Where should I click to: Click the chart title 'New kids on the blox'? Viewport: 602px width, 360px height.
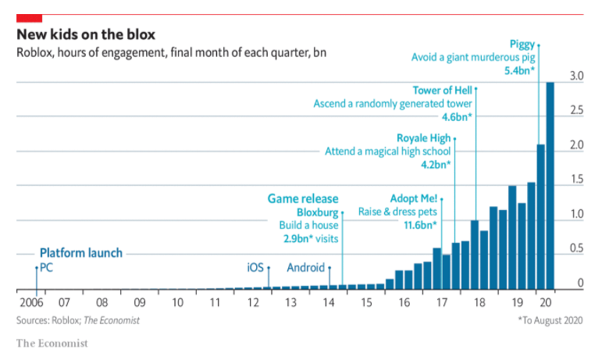pyautogui.click(x=85, y=35)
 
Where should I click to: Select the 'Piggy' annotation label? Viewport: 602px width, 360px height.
pyautogui.click(x=522, y=45)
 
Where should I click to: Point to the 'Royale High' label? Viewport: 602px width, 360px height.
pyautogui.click(x=423, y=138)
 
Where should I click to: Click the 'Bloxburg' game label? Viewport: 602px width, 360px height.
pyautogui.click(x=317, y=212)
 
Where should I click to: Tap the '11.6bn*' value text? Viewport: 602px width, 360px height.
pyautogui.click(x=419, y=225)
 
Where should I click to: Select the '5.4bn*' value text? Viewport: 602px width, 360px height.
pyautogui.click(x=519, y=70)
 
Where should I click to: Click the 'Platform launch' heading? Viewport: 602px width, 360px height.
pyautogui.click(x=80, y=253)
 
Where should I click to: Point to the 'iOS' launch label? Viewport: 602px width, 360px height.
pyautogui.click(x=255, y=268)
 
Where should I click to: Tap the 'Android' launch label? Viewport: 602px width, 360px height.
pyautogui.click(x=305, y=268)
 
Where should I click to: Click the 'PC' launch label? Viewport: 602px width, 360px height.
pyautogui.click(x=46, y=268)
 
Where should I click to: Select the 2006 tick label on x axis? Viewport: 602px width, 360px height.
pyautogui.click(x=28, y=302)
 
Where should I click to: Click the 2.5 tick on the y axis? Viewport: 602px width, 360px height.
pyautogui.click(x=576, y=111)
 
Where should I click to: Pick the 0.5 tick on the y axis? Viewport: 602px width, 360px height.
pyautogui.click(x=576, y=249)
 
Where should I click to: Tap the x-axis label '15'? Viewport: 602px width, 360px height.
pyautogui.click(x=366, y=302)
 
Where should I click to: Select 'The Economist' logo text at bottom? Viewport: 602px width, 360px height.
pyautogui.click(x=52, y=343)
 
